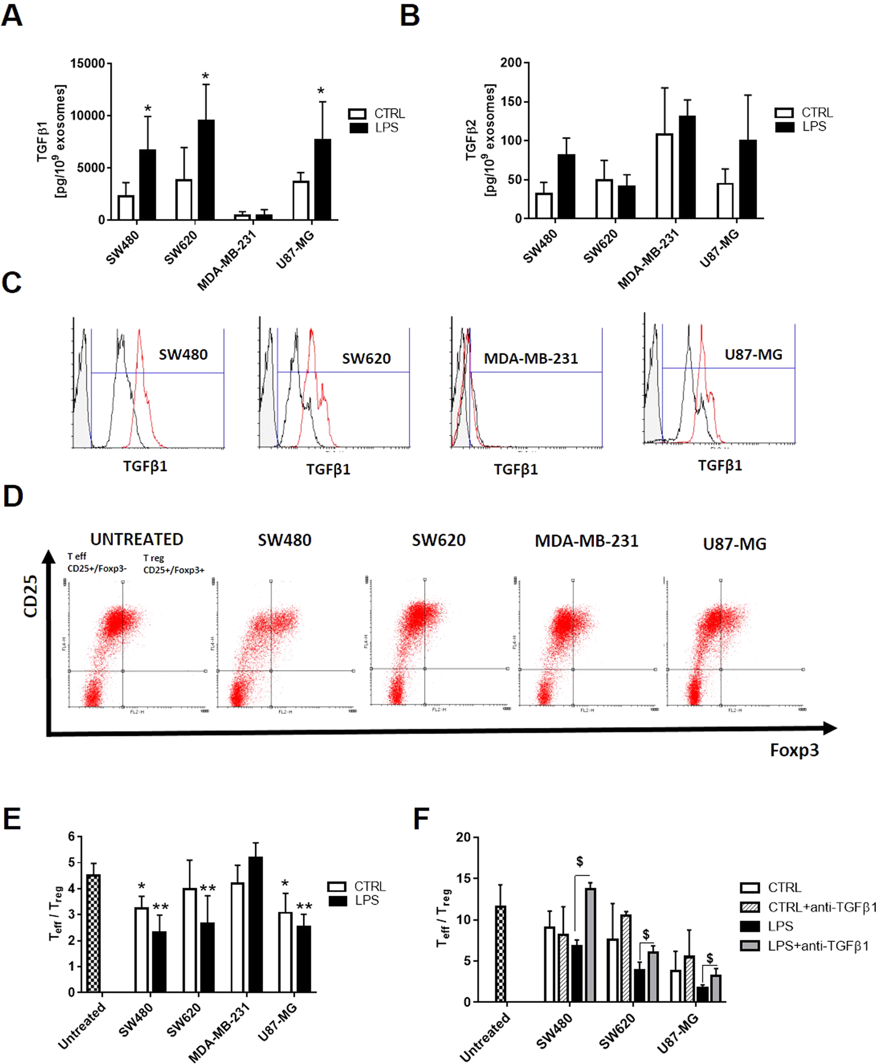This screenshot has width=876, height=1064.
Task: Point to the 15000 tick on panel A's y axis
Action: pos(87,63)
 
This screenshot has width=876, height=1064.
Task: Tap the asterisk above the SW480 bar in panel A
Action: pos(148,109)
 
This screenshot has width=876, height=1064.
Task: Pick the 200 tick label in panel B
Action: pos(510,63)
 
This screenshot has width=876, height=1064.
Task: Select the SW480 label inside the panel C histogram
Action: pos(183,354)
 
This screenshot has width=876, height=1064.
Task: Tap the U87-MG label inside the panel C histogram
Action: pos(753,354)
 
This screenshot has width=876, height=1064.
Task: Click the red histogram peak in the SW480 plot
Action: pos(140,333)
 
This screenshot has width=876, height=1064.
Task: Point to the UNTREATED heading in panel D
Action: pos(136,539)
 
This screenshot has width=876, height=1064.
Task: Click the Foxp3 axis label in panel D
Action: pos(793,750)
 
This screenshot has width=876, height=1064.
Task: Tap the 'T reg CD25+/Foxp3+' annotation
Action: pos(173,564)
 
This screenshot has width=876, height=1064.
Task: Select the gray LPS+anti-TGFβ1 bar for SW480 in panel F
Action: pos(590,945)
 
